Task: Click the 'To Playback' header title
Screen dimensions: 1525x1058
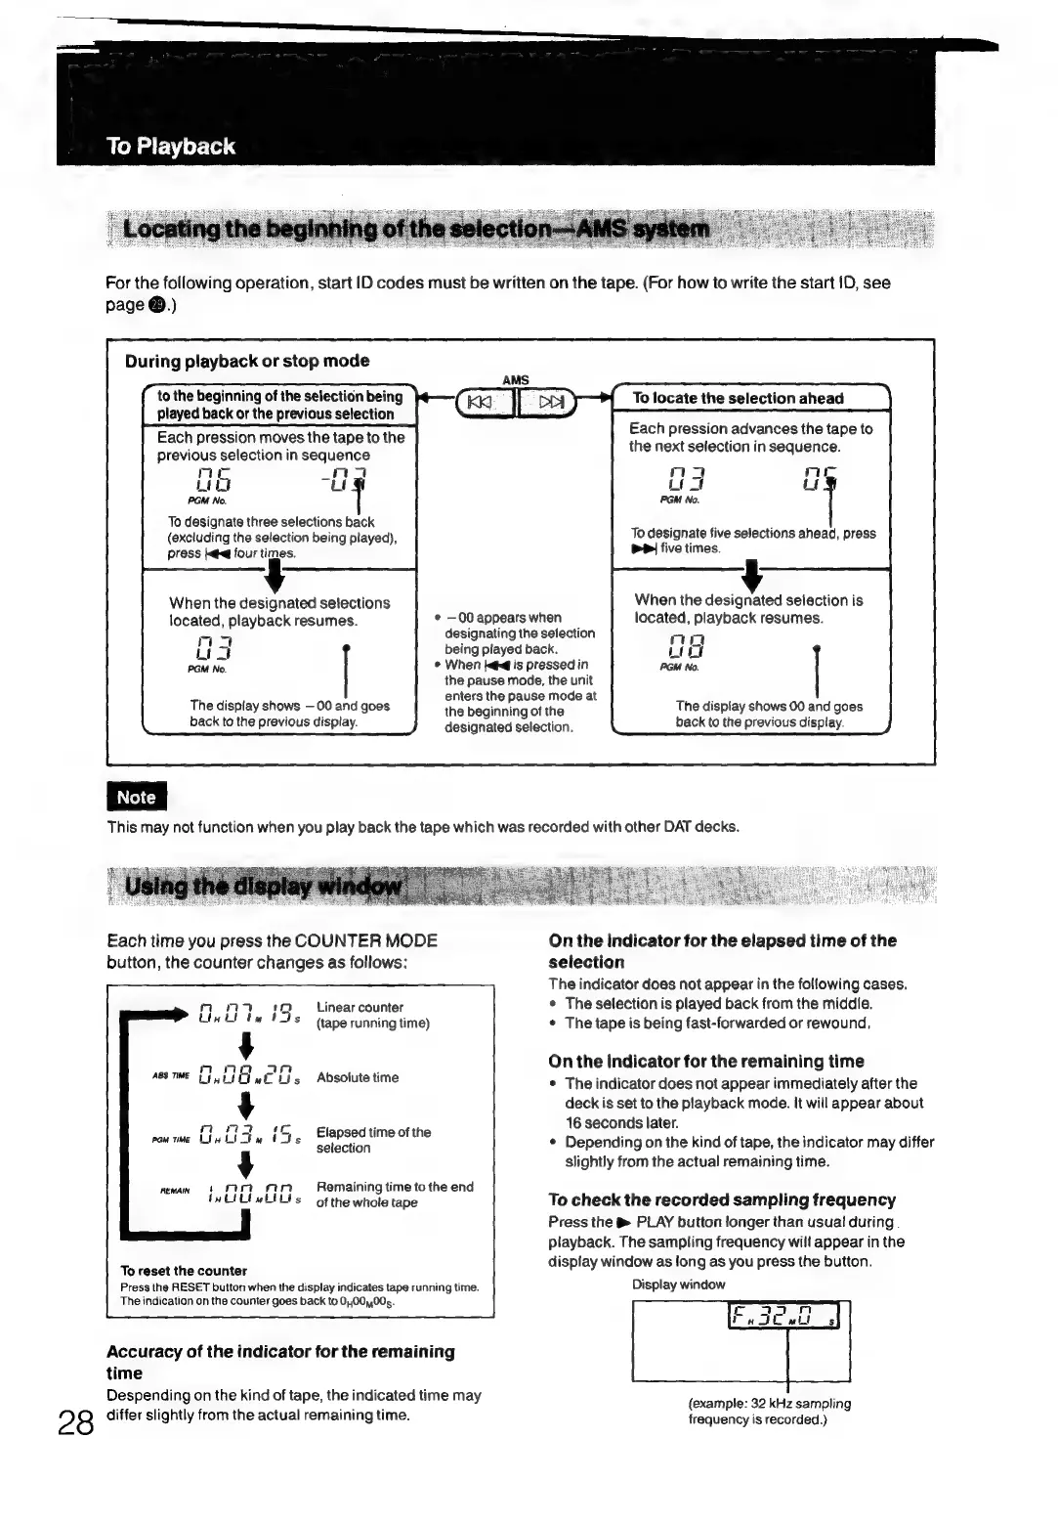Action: pyautogui.click(x=171, y=147)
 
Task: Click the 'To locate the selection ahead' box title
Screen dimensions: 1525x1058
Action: pyautogui.click(x=738, y=398)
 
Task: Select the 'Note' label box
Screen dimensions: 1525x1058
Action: pyautogui.click(x=137, y=797)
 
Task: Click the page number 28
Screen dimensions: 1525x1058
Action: pyautogui.click(x=74, y=1421)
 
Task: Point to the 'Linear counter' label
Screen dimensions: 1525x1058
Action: pyautogui.click(x=360, y=1007)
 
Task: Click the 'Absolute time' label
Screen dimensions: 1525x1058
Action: pyautogui.click(x=358, y=1077)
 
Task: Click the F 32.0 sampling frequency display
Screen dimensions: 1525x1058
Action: pyautogui.click(x=788, y=1320)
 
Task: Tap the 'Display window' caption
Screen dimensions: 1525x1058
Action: pyautogui.click(x=678, y=1285)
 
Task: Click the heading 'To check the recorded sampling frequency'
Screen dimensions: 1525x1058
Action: pyautogui.click(x=722, y=1199)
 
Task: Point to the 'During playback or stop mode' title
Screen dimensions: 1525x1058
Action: pyautogui.click(x=247, y=361)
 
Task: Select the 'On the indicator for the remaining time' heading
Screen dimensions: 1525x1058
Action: pyautogui.click(x=706, y=1061)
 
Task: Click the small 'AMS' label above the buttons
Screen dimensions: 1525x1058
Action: pyautogui.click(x=515, y=380)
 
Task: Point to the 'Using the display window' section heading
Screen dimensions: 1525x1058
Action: pyautogui.click(x=264, y=887)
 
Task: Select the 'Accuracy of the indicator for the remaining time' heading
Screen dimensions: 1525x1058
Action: pyautogui.click(x=280, y=1362)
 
